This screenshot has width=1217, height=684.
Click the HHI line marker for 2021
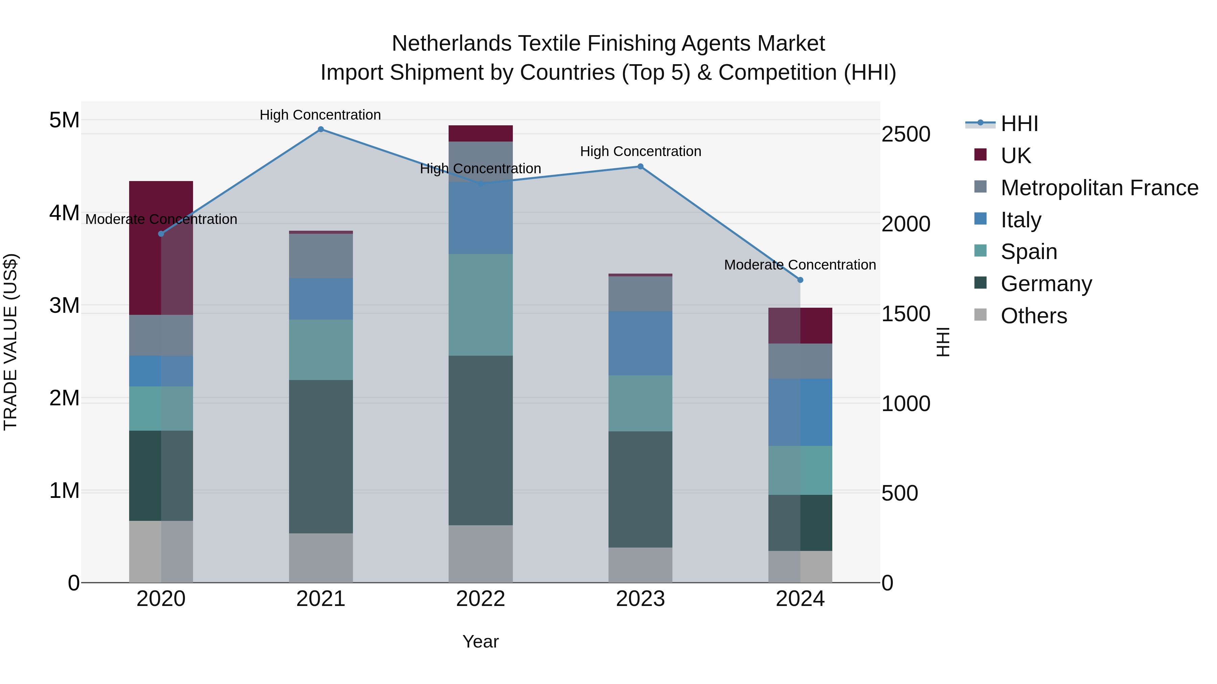click(321, 129)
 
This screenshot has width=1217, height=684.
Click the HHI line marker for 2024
click(800, 280)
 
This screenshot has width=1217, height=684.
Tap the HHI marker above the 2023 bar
click(641, 166)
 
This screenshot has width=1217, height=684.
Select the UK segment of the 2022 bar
click(480, 133)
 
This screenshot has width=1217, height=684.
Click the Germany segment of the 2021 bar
click(321, 456)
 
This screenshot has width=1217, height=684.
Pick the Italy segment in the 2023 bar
click(640, 343)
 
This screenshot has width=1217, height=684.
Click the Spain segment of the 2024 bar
click(800, 470)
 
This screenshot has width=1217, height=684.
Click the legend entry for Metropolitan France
click(1099, 188)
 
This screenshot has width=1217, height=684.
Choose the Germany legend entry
click(1046, 284)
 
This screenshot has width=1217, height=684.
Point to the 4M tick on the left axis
click(64, 213)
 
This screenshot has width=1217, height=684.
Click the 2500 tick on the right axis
click(906, 134)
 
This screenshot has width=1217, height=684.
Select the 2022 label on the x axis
click(480, 599)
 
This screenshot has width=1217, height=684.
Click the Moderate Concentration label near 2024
click(800, 265)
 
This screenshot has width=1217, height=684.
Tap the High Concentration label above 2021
click(320, 115)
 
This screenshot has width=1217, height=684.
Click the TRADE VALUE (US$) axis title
click(10, 342)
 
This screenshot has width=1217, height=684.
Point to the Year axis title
click(480, 641)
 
